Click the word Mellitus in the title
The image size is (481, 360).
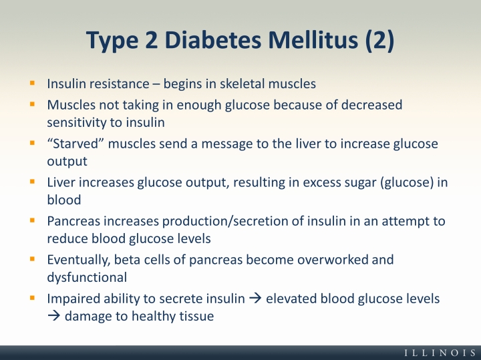tap(313, 39)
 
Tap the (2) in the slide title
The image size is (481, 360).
tap(379, 40)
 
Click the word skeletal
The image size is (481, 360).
tap(243, 83)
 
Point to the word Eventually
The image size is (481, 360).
tap(79, 260)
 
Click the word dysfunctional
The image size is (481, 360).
tap(87, 277)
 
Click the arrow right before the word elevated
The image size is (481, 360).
tap(255, 299)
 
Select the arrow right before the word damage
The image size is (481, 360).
tap(53, 316)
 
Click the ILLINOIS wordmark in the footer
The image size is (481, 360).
tap(440, 353)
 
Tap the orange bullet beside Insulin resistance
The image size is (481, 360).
tap(32, 83)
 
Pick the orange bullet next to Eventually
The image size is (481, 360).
tap(32, 259)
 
